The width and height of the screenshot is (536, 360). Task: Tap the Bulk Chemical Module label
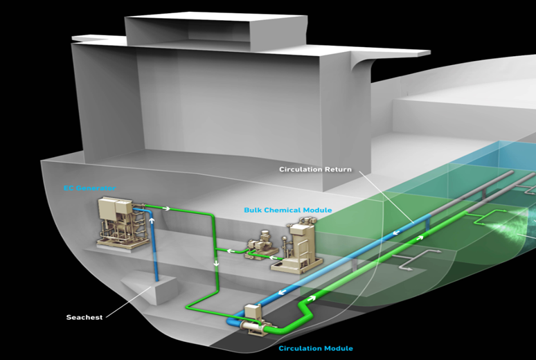click(287, 210)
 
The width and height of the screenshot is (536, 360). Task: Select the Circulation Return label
click(315, 169)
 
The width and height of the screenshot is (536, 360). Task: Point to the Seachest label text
click(84, 317)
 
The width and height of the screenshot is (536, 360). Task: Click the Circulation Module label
click(315, 348)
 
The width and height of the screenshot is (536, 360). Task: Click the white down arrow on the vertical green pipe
click(217, 264)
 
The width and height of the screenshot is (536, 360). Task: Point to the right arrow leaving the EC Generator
click(166, 207)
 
